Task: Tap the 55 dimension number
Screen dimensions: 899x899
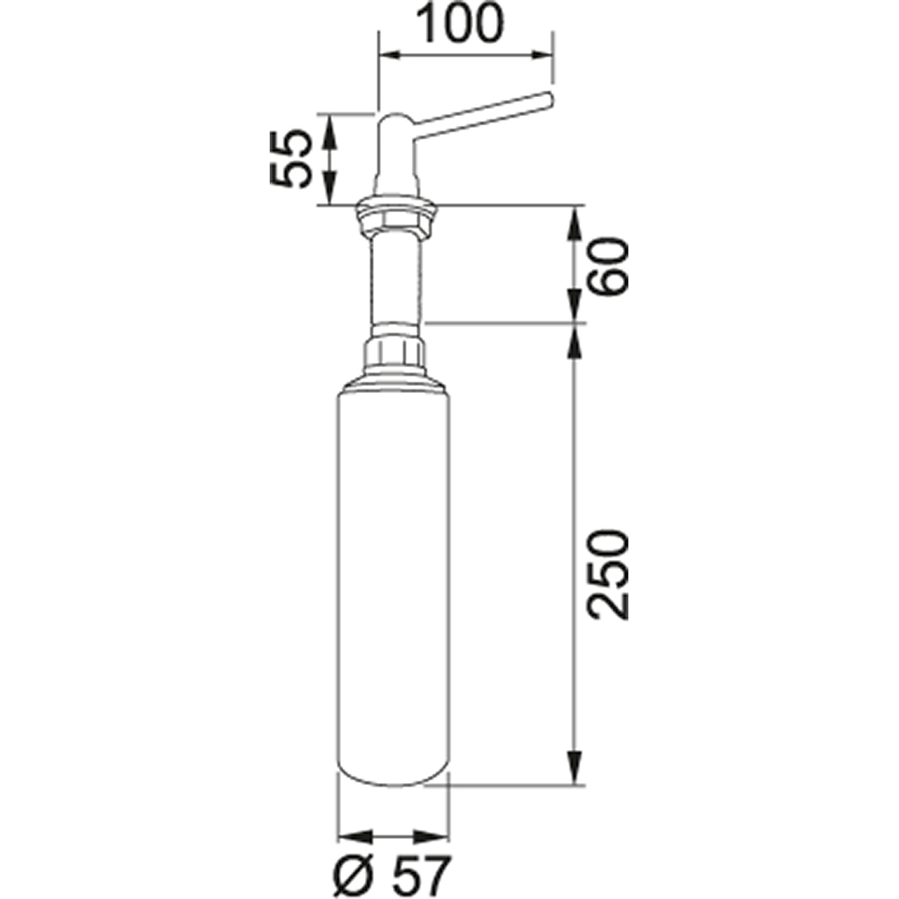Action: (290, 158)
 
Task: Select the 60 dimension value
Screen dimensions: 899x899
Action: (609, 267)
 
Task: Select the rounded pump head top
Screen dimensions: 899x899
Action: (395, 121)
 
